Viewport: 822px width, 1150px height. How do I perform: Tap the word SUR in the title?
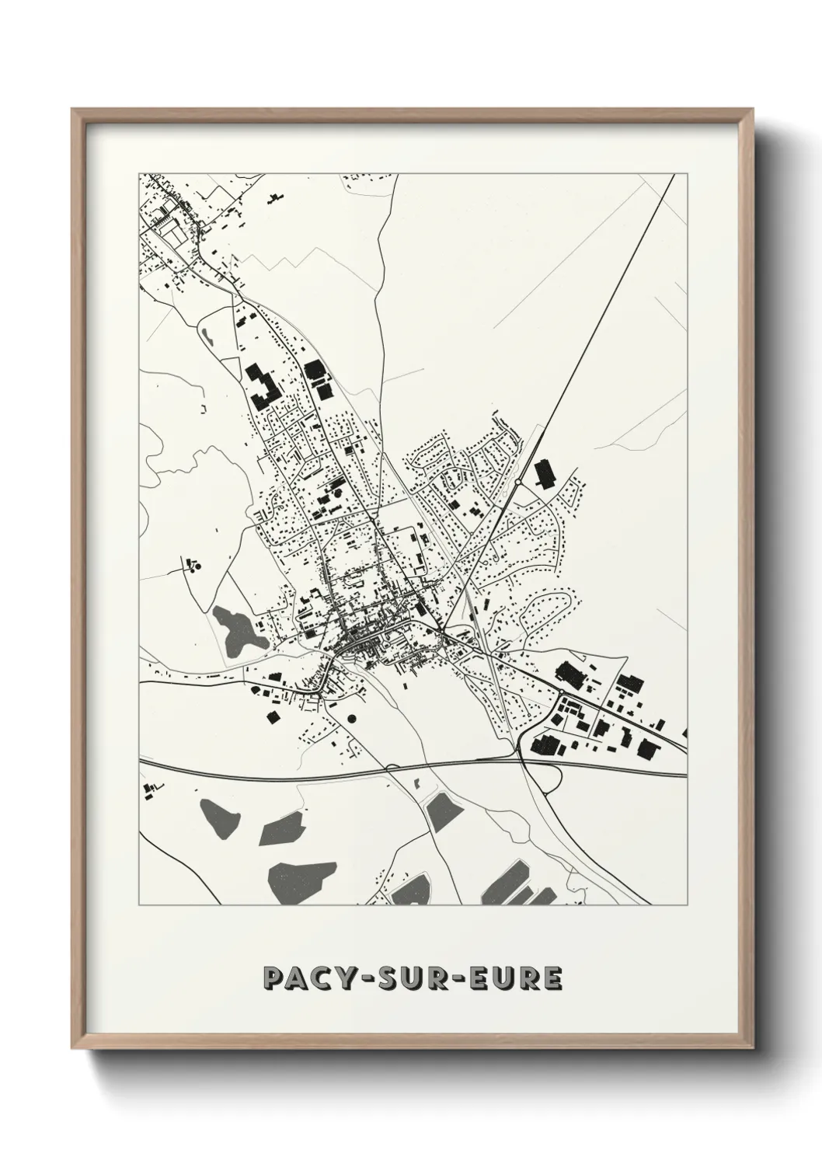point(413,977)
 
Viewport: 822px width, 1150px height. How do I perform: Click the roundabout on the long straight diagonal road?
point(518,483)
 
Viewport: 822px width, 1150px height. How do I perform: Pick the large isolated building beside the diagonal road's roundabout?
point(543,472)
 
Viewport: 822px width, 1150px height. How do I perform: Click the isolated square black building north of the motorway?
point(273,716)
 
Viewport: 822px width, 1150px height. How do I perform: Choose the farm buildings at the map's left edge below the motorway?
point(150,789)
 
